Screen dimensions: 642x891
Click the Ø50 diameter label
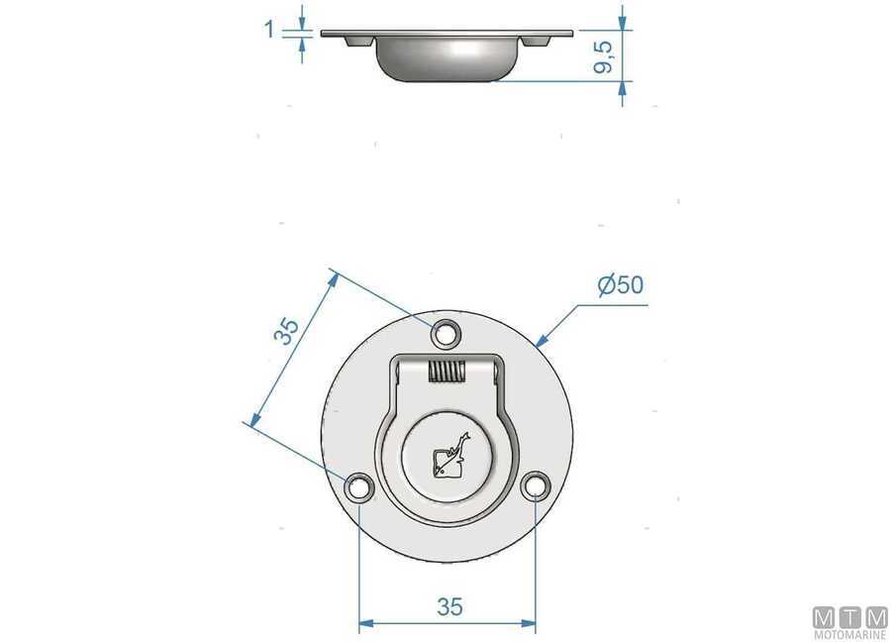click(621, 285)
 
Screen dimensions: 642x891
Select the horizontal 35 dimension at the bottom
click(448, 606)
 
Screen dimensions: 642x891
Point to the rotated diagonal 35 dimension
click(286, 332)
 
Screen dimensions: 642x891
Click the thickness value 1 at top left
click(269, 30)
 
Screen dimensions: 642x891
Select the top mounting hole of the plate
click(446, 334)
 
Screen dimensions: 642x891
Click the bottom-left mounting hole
click(358, 486)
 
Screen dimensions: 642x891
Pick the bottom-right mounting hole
click(536, 486)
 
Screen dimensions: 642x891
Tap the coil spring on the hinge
click(446, 373)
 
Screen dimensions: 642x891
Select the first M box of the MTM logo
click(824, 616)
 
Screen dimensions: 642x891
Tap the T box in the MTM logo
click(849, 616)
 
